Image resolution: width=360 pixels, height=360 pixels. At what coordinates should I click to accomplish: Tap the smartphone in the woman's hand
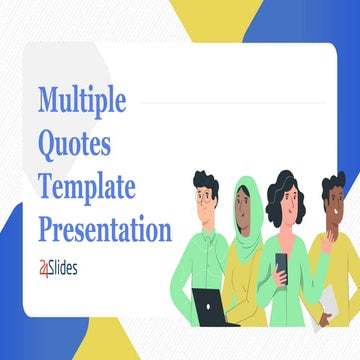(281, 264)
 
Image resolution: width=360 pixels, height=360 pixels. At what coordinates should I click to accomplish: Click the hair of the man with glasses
(206, 180)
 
